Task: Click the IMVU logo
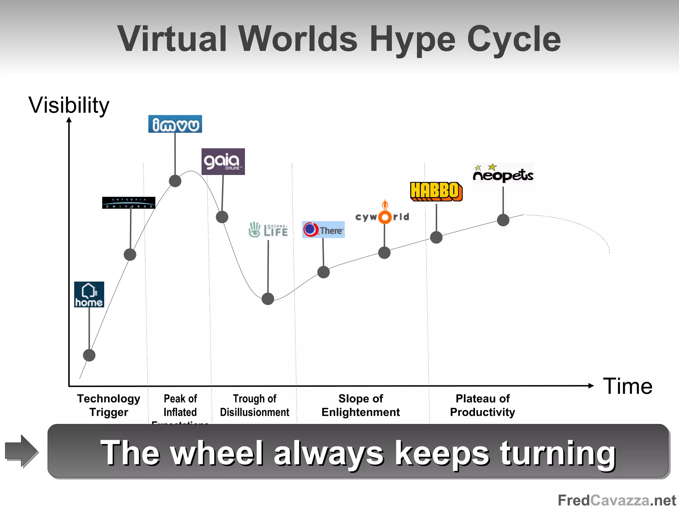click(x=175, y=124)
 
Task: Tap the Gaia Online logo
click(x=223, y=161)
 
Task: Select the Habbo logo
click(x=436, y=192)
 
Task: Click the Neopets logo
click(x=503, y=174)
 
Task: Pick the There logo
click(x=323, y=230)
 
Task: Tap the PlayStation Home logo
click(x=89, y=294)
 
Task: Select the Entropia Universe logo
click(x=129, y=202)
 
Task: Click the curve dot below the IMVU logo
click(x=175, y=181)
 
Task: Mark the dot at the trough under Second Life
click(x=268, y=299)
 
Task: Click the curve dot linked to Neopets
click(x=503, y=220)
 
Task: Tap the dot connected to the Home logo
click(x=89, y=355)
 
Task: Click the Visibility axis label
click(x=69, y=105)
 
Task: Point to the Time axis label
click(x=627, y=386)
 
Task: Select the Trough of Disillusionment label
click(x=255, y=405)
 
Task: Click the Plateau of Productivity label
click(x=482, y=405)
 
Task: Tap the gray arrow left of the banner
click(x=22, y=451)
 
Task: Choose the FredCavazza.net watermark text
click(x=617, y=500)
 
